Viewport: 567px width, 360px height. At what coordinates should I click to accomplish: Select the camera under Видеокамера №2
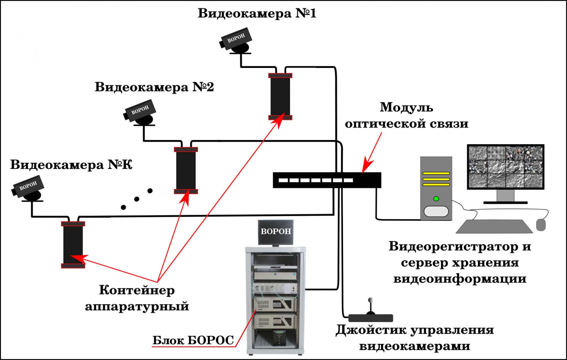point(140,112)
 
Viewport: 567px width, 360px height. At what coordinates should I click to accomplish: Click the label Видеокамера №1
point(257,14)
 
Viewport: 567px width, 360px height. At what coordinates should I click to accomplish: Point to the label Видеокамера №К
point(71,165)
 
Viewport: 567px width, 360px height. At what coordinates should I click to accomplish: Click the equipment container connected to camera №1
point(280,97)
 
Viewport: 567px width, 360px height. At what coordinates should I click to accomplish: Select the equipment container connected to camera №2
point(186,170)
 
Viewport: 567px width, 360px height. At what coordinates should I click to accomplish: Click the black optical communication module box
point(327,180)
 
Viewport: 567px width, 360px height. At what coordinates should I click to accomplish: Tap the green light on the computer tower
point(436,199)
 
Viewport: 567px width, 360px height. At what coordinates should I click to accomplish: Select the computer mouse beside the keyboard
point(541,225)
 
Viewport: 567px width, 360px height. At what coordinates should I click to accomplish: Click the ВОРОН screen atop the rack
point(276,232)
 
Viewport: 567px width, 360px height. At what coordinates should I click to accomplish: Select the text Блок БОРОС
point(193,340)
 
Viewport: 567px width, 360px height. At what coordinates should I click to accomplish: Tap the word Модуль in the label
point(406,107)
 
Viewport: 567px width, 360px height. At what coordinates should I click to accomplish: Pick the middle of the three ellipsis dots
point(137,199)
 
